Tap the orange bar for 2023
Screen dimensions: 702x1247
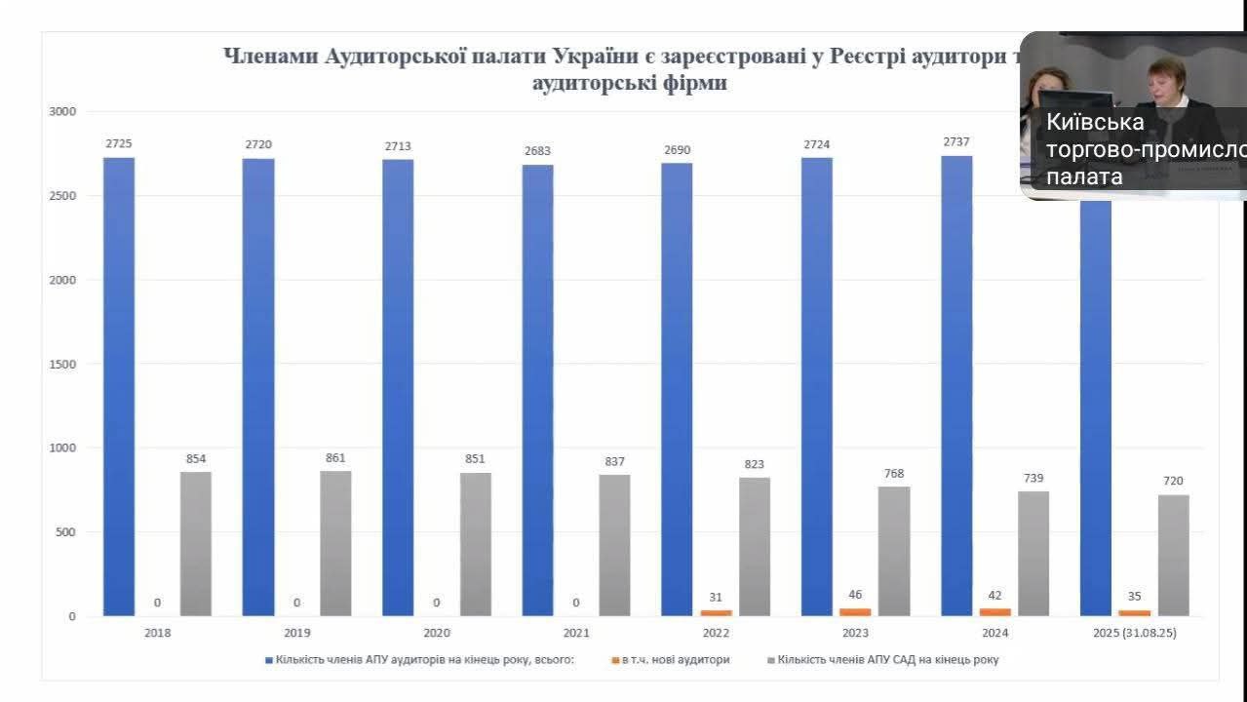pos(855,611)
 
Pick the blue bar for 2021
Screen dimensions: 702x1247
pos(537,390)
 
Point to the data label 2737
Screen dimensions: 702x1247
pos(955,142)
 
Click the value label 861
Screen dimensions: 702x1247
pos(335,457)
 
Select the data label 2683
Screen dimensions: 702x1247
pos(537,150)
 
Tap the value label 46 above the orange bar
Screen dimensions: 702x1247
pos(855,594)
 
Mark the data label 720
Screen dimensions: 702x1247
pos(1173,481)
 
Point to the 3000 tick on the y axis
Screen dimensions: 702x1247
pos(62,112)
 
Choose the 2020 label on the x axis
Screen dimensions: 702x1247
pos(436,633)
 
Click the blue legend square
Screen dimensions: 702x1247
pos(269,660)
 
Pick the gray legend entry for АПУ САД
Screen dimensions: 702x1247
pos(887,660)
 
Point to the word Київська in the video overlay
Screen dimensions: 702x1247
pos(1094,123)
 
